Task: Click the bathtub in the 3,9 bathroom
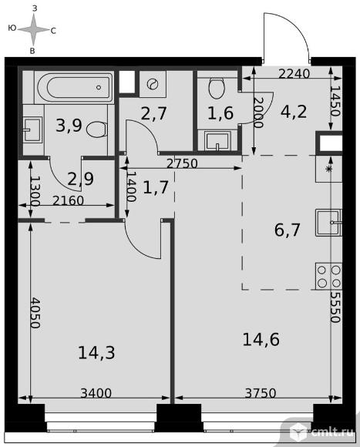pos(74,87)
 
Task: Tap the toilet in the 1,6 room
pos(217,88)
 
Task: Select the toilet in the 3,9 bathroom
pos(96,129)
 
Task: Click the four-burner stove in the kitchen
pos(328,276)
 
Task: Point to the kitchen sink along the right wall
pos(328,223)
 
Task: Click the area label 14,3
pos(96,353)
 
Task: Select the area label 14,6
pos(261,340)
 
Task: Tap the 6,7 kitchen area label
pos(287,230)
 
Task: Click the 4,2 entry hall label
pos(294,112)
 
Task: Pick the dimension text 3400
pos(96,393)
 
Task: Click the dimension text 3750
pos(261,393)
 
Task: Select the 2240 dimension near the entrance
pos(294,74)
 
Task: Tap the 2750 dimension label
pos(182,163)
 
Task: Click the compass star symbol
pos(34,29)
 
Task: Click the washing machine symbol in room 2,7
pos(153,84)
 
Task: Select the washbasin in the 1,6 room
pos(217,140)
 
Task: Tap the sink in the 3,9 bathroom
pos(32,130)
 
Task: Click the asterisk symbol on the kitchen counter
pos(329,169)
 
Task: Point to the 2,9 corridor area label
pos(81,179)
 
